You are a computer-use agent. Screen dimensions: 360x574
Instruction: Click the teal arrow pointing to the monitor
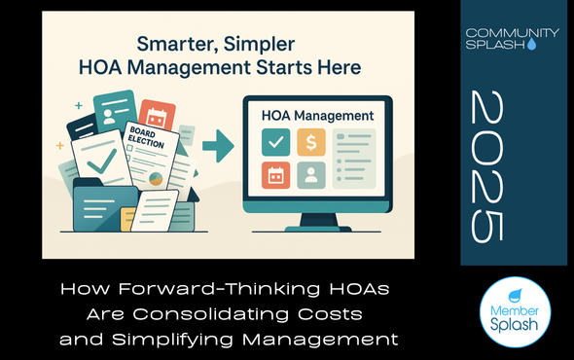tap(220, 148)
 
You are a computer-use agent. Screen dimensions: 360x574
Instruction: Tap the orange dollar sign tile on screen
tap(311, 141)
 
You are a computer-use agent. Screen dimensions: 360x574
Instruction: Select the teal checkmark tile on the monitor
tap(275, 141)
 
